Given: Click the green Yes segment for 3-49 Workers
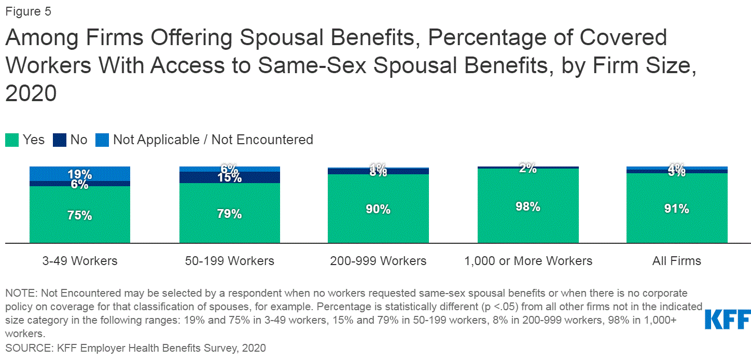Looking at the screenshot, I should [79, 215].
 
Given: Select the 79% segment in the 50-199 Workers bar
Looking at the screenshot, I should [229, 213].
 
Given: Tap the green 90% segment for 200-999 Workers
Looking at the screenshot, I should [378, 209].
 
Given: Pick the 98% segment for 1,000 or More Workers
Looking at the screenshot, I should [528, 206].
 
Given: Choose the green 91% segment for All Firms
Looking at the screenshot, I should [677, 209].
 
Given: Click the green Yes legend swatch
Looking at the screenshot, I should [11, 140].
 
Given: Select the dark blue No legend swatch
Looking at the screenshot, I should [59, 140].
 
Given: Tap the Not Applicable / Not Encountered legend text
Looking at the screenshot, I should [213, 140].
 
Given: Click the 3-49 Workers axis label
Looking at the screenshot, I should [79, 261].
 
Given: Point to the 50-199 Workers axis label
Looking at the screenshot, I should [229, 261].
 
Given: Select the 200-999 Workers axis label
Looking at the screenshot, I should [378, 261].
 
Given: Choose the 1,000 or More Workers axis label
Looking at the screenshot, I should [528, 261].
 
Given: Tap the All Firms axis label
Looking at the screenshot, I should [677, 261].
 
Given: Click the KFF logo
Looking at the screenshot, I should [728, 319].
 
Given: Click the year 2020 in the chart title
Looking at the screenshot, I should [31, 93].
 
